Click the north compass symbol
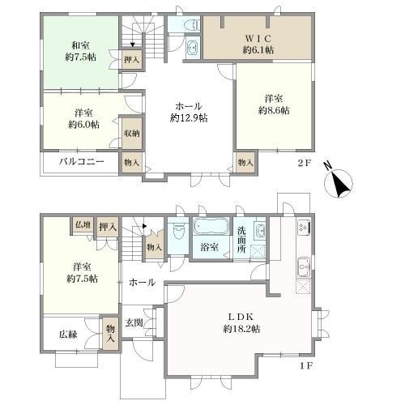click(x=339, y=181)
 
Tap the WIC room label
click(x=258, y=39)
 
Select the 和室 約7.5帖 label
click(x=80, y=51)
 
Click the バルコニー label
click(x=82, y=162)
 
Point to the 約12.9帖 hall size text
click(x=189, y=118)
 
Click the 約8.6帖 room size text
click(x=274, y=110)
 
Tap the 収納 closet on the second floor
click(x=132, y=134)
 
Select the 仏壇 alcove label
click(x=83, y=224)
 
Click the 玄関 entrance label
click(x=134, y=322)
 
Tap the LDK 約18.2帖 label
click(x=241, y=322)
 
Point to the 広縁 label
click(x=68, y=335)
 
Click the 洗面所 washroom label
click(x=241, y=240)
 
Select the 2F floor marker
click(x=305, y=163)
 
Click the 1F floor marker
click(x=306, y=366)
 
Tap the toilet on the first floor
click(x=177, y=232)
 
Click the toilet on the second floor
click(x=192, y=26)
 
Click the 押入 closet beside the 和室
click(x=132, y=60)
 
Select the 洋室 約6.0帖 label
click(x=83, y=119)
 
